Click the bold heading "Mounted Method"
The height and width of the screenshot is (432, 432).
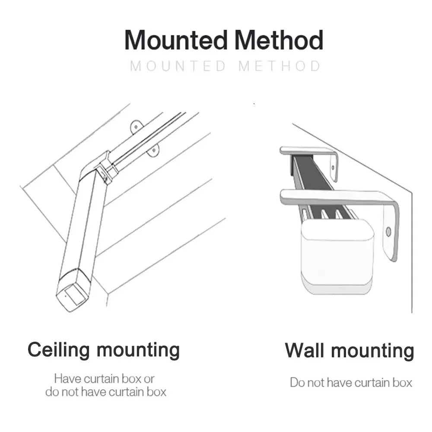[x=224, y=40]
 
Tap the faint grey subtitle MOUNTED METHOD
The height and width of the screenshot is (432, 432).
[x=225, y=67]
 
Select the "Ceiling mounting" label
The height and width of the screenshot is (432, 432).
[x=104, y=350]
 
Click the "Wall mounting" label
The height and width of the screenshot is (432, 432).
[x=349, y=350]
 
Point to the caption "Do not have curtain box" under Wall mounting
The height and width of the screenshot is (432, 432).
[x=351, y=382]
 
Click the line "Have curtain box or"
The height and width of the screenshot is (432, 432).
[x=104, y=378]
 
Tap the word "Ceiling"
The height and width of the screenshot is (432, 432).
[x=59, y=350]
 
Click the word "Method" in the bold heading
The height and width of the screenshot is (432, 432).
[x=279, y=40]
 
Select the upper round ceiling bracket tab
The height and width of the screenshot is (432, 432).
[x=136, y=127]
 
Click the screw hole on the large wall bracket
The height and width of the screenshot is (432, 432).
[x=388, y=232]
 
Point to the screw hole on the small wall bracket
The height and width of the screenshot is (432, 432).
[x=333, y=168]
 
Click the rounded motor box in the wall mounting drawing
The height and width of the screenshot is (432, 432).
[x=337, y=256]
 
